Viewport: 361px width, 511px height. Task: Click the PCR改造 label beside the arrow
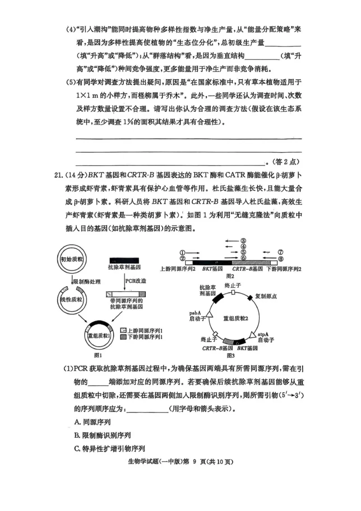click(x=137, y=280)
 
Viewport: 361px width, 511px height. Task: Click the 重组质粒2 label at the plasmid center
click(x=236, y=317)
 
